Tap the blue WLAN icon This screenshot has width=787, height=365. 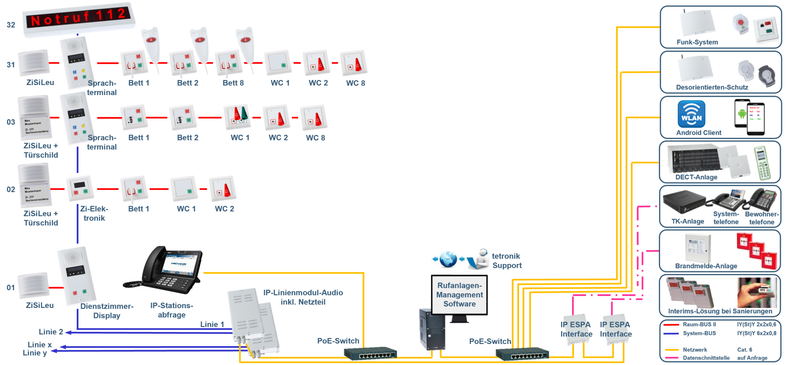coord(691,114)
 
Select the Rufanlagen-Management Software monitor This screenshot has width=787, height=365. coord(459,295)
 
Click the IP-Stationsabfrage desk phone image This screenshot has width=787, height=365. coord(162,270)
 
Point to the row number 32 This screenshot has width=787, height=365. coord(11,25)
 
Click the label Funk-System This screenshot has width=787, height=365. coord(697,42)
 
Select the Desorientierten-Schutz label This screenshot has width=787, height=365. coord(712,87)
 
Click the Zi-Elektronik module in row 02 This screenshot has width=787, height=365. coord(80,188)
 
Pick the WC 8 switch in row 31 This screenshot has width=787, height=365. coord(354,63)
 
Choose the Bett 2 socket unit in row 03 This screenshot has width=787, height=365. coord(183,117)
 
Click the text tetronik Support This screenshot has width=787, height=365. coord(507,261)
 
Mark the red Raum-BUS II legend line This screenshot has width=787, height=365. coord(671,324)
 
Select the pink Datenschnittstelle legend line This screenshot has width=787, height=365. coord(671,358)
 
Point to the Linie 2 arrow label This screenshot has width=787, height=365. coord(51,332)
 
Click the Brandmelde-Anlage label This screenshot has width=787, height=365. coord(706,266)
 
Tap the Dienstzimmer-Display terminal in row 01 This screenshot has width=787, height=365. coord(77,276)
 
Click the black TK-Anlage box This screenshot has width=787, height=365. coord(684,203)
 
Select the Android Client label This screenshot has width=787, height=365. coord(698,133)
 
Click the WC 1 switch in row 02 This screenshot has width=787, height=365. coord(184,188)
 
